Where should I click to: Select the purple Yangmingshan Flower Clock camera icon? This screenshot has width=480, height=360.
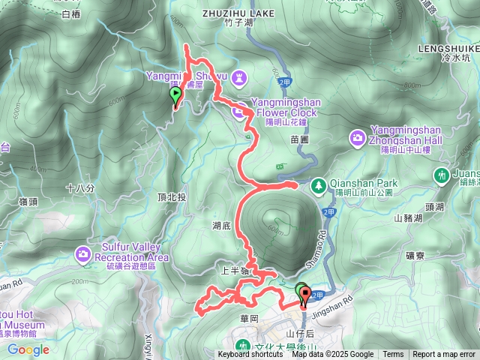point(239,112)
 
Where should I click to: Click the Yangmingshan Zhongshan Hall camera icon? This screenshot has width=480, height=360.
point(358,137)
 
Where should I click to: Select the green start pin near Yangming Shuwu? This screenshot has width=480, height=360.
point(176,96)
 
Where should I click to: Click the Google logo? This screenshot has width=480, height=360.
point(28,349)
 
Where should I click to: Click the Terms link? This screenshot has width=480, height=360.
point(393,355)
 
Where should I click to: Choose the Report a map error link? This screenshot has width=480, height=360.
point(444,355)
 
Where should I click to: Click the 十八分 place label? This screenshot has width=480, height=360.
point(80,189)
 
